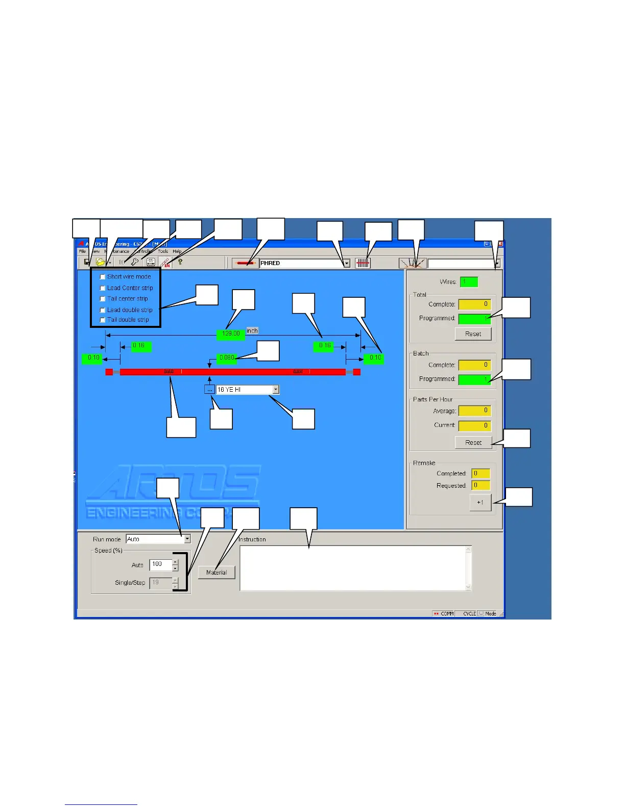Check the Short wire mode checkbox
pyautogui.click(x=103, y=277)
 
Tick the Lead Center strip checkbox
pyautogui.click(x=103, y=288)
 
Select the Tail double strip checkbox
pyautogui.click(x=103, y=320)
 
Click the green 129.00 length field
pyautogui.click(x=231, y=334)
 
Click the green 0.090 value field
pyautogui.click(x=227, y=358)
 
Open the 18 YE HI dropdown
pyautogui.click(x=276, y=390)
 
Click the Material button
pyautogui.click(x=217, y=573)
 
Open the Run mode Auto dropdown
pyautogui.click(x=187, y=539)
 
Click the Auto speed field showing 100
pyautogui.click(x=160, y=564)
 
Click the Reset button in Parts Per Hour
pyautogui.click(x=473, y=443)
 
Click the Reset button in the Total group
pyautogui.click(x=473, y=334)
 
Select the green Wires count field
pyautogui.click(x=469, y=282)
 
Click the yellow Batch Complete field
pyautogui.click(x=474, y=365)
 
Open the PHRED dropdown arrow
pyautogui.click(x=347, y=264)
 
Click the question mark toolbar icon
pyautogui.click(x=180, y=262)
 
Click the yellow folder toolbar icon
pyautogui.click(x=101, y=263)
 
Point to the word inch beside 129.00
pyautogui.click(x=252, y=331)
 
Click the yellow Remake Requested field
pyautogui.click(x=480, y=486)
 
